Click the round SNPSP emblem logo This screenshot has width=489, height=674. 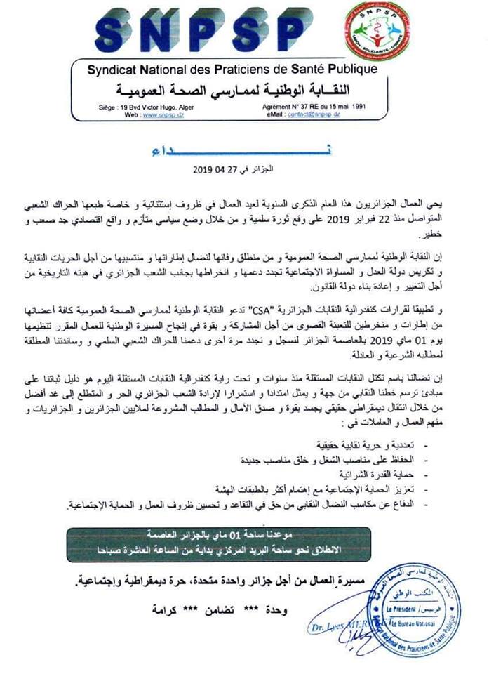[x=439, y=33]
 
